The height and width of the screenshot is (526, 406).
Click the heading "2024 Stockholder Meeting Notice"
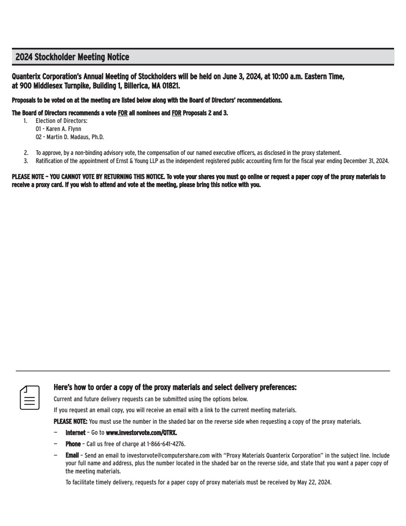pos(72,57)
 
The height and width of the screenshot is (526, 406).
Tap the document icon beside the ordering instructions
pos(29,397)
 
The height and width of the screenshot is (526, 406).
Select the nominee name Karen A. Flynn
pos(64,129)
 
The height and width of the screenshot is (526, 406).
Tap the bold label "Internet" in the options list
pos(76,432)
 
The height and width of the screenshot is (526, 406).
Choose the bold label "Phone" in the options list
pos(73,444)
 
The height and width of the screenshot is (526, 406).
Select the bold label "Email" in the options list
pos(72,456)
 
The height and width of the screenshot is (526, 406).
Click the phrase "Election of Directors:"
pos(61,121)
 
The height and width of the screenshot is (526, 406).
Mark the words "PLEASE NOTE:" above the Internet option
pos(71,421)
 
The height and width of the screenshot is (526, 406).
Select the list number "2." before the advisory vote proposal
pos(26,153)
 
